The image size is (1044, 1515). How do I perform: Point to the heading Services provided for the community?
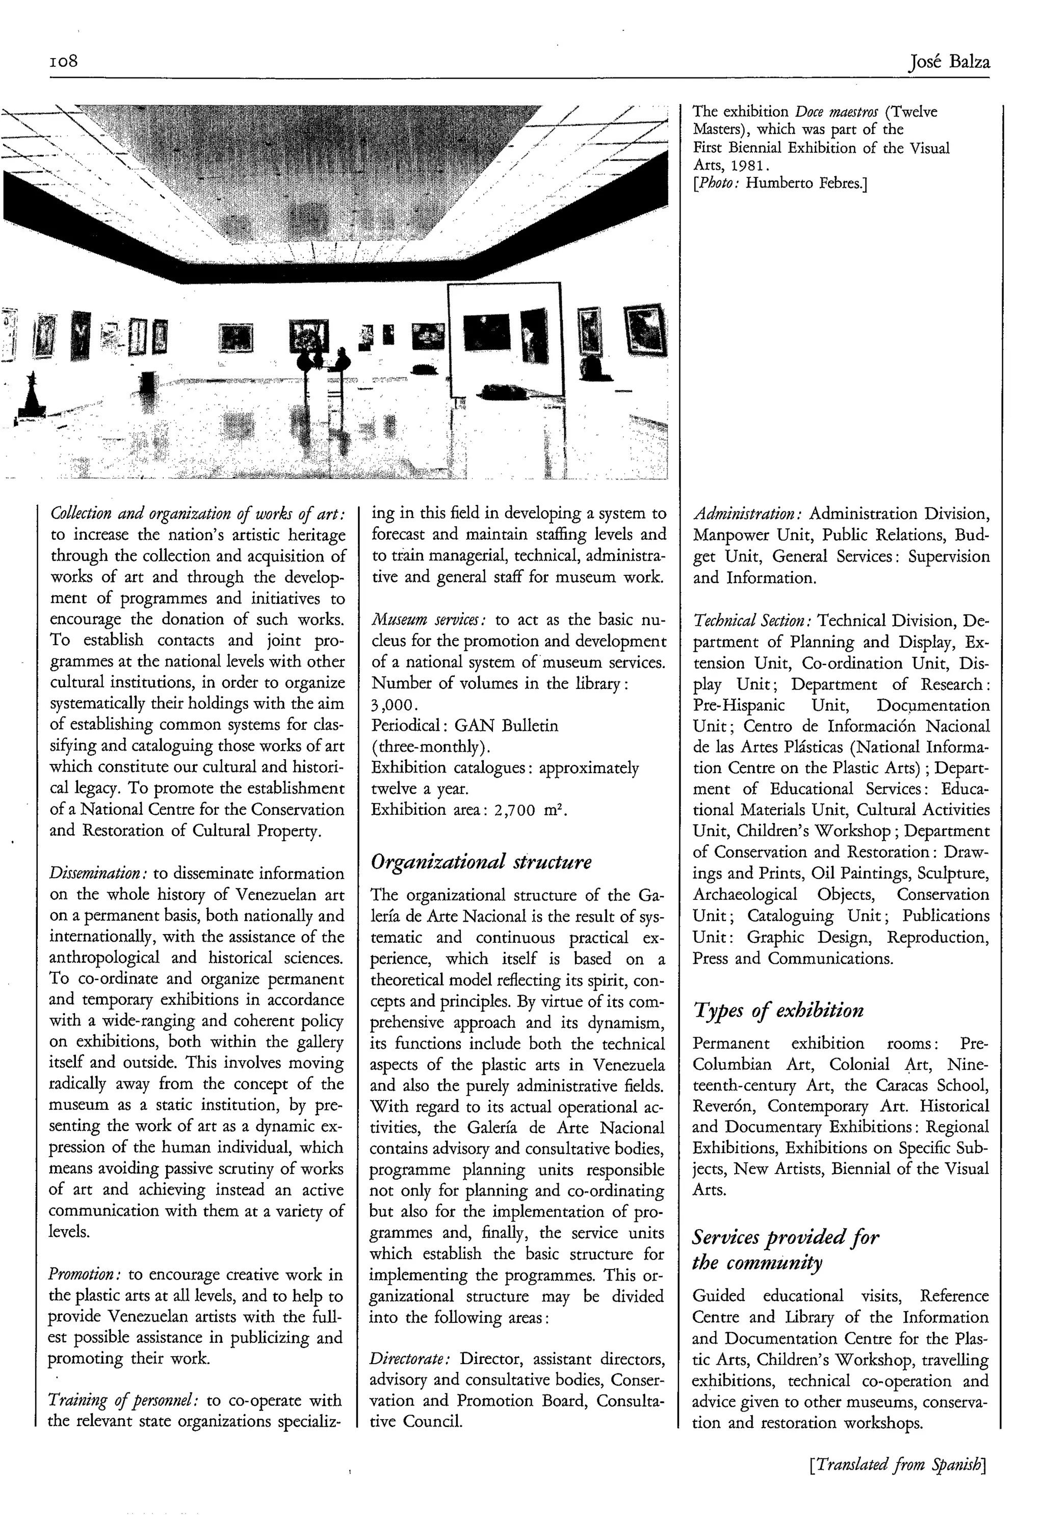tap(785, 1250)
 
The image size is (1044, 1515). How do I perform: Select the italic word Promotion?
tap(85, 1274)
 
